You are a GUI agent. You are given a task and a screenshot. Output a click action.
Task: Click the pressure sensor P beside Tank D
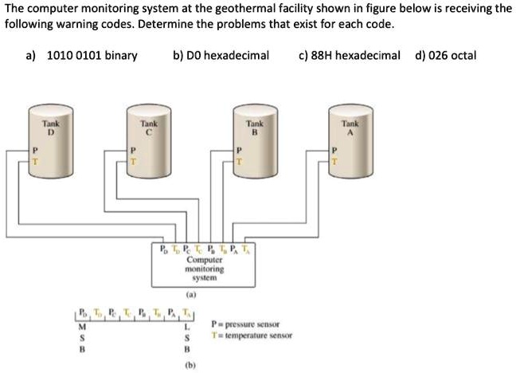pos(34,150)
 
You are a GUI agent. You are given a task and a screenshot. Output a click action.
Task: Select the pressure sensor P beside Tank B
pos(238,150)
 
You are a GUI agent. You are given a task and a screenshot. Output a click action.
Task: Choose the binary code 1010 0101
pos(92,56)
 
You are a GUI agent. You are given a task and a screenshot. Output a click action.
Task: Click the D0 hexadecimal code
pos(221,56)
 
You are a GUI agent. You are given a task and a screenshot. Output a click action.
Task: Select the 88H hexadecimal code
pos(350,56)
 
